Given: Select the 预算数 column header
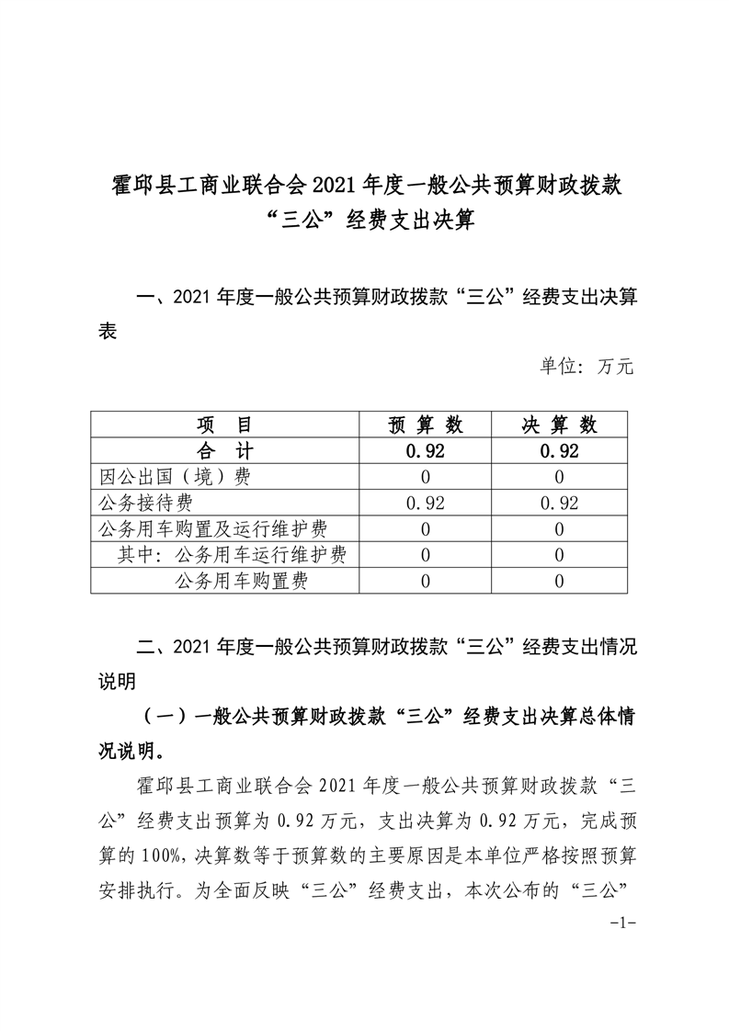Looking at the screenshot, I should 426,425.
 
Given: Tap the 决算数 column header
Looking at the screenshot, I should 560,425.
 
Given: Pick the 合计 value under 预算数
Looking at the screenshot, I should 426,450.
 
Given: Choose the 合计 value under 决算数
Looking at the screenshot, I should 560,450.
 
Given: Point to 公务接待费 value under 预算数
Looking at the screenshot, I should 426,503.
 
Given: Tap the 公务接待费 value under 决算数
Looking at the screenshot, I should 560,503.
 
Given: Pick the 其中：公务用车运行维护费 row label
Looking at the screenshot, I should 232,554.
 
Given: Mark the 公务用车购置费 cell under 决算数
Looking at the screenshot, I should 560,580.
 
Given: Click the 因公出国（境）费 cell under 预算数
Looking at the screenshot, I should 426,476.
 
